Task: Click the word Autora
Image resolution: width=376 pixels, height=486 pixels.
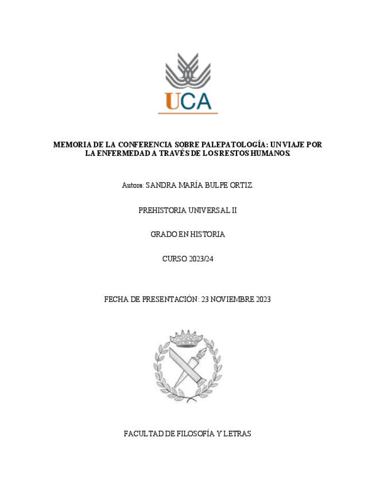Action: (x=133, y=186)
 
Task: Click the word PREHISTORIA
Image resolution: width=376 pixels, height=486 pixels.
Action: (x=162, y=210)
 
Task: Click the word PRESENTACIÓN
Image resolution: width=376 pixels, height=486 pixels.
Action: (x=169, y=299)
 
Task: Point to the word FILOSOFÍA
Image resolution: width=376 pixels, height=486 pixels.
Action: (x=190, y=434)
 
